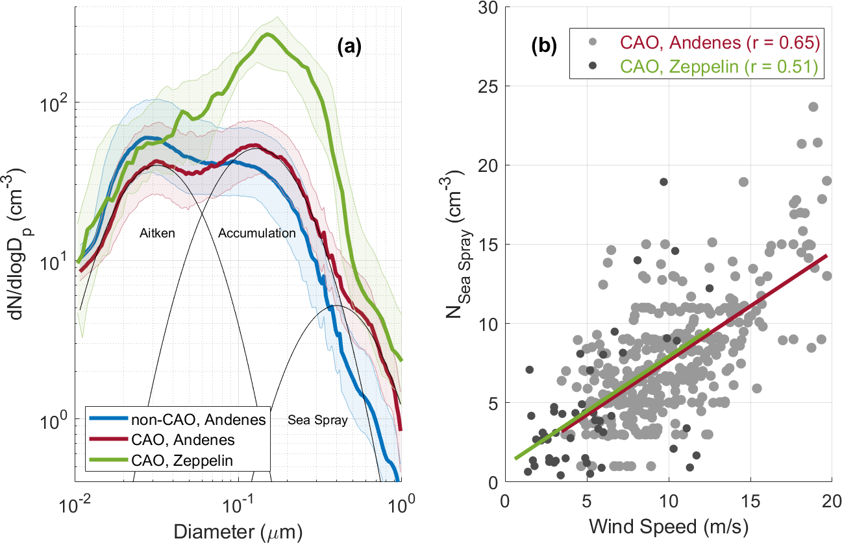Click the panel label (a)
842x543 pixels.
[351, 47]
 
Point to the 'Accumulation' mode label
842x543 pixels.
[257, 233]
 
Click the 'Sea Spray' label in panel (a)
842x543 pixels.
[317, 420]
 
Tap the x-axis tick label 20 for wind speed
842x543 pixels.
[832, 503]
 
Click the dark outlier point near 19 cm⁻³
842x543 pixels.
[663, 182]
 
